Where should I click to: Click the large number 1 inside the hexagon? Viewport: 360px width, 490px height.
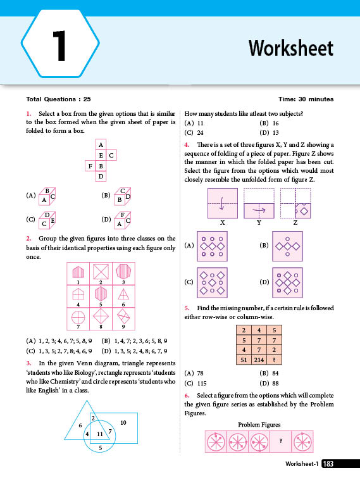(59, 46)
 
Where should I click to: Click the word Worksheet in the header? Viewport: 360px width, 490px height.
(290, 48)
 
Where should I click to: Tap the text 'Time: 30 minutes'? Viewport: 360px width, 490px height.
(306, 99)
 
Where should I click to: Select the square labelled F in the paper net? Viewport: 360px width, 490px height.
(90, 166)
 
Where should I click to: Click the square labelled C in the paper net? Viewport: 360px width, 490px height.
(111, 155)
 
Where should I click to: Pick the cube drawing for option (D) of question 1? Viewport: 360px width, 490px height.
(122, 220)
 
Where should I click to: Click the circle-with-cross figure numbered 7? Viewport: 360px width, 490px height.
(78, 318)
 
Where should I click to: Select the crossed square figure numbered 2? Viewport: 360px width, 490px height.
(101, 271)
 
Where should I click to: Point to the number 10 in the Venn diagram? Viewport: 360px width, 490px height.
(123, 422)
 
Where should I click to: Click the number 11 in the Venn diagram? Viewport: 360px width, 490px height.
(100, 434)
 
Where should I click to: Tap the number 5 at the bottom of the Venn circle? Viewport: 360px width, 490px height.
(100, 448)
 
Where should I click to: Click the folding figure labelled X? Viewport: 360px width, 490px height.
(223, 203)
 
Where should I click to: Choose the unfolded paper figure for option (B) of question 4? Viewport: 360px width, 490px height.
(287, 246)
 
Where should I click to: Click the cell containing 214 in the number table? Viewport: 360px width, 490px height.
(259, 360)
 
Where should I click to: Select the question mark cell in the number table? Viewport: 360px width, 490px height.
(274, 360)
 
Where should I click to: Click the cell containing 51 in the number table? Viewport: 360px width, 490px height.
(244, 360)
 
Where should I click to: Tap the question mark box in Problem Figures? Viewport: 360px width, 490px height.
(281, 441)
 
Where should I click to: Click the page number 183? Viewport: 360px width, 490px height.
(328, 464)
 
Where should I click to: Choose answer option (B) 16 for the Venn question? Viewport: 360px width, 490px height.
(269, 123)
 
